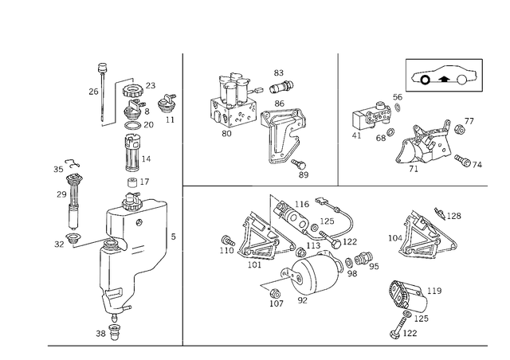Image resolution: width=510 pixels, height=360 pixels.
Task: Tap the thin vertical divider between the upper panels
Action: [x=339, y=119]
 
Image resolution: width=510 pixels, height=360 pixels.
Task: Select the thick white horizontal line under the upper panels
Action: [x=371, y=185]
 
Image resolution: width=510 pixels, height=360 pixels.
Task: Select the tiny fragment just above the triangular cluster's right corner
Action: [x=449, y=213]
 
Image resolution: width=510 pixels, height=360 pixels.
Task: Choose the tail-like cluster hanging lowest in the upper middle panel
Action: [x=287, y=163]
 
